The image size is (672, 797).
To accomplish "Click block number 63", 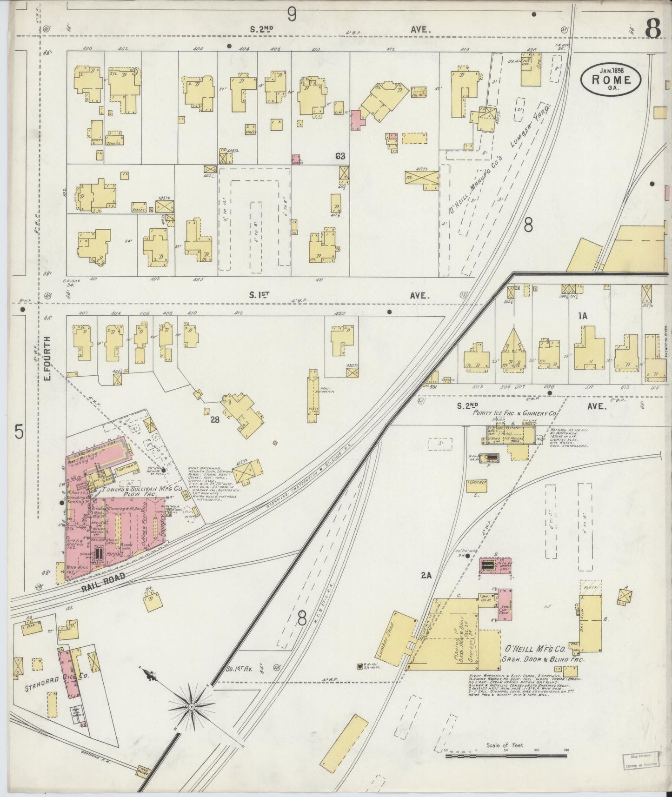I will pos(340,156).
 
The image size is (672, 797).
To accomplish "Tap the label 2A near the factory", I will pos(426,576).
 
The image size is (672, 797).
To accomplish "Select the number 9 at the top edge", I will pos(292,15).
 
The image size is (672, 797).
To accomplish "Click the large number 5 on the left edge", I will pos(18,432).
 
